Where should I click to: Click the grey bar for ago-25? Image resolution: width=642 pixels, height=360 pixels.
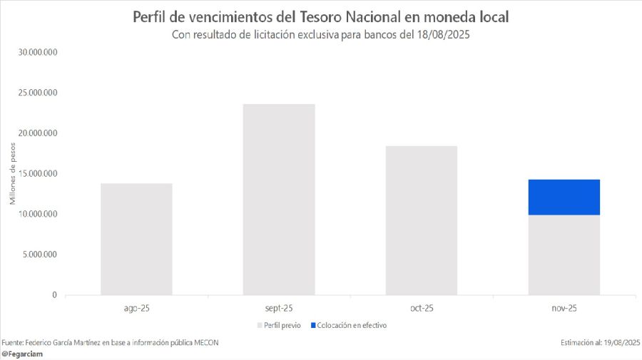point(136,239)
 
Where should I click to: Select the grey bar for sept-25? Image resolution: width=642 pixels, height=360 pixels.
point(279,200)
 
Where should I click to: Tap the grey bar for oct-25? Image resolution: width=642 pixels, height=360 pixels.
point(422,220)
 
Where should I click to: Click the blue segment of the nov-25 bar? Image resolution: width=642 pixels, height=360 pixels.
point(564,197)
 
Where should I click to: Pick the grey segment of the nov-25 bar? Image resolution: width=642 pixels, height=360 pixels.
point(564,254)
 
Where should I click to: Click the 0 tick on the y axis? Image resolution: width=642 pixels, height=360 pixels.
point(54,295)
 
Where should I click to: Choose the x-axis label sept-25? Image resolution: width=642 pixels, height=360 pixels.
point(279,309)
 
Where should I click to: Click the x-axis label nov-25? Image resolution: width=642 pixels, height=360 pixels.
point(564,309)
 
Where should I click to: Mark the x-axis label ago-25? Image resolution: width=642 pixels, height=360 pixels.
point(136,309)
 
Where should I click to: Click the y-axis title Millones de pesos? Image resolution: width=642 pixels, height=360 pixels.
point(13,174)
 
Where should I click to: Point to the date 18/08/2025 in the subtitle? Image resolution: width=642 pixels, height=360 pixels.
point(441,35)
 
